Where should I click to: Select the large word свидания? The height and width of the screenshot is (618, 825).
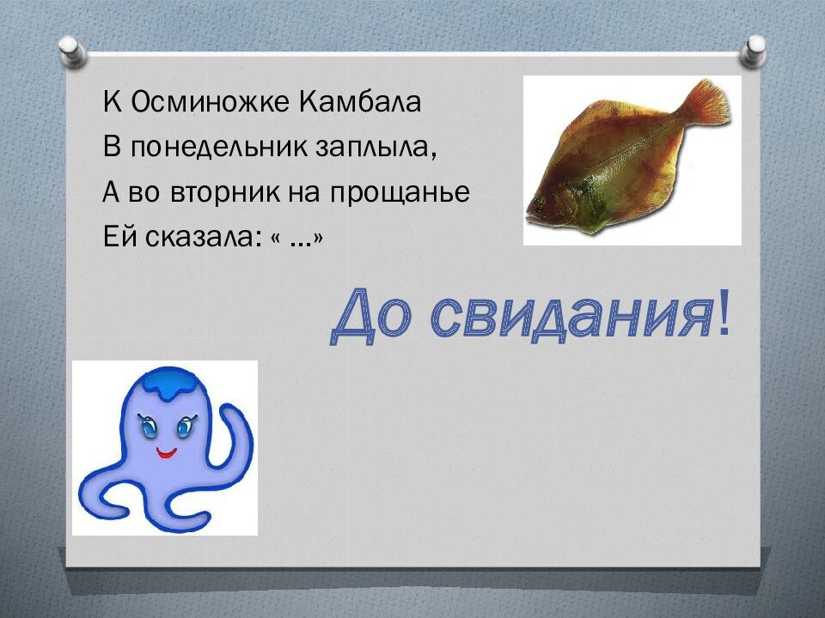pyautogui.click(x=571, y=315)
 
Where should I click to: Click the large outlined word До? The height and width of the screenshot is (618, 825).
pyautogui.click(x=375, y=315)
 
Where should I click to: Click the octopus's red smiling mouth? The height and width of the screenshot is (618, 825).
pyautogui.click(x=165, y=451)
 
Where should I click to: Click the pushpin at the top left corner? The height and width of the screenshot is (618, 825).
pyautogui.click(x=72, y=49)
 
